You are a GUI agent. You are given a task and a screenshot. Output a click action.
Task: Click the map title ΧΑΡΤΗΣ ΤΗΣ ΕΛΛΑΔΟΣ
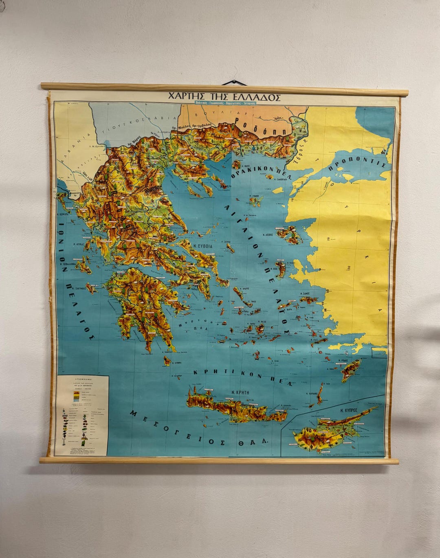(224, 97)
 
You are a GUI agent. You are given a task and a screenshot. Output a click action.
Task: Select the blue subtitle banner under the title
(225, 104)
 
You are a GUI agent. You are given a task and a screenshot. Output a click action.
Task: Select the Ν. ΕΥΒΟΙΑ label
(202, 246)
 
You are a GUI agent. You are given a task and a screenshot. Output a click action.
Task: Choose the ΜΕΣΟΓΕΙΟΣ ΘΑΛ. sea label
(200, 430)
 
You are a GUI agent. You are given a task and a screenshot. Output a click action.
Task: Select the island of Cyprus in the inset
(330, 432)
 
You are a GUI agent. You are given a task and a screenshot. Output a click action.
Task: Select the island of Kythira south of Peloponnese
(167, 361)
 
